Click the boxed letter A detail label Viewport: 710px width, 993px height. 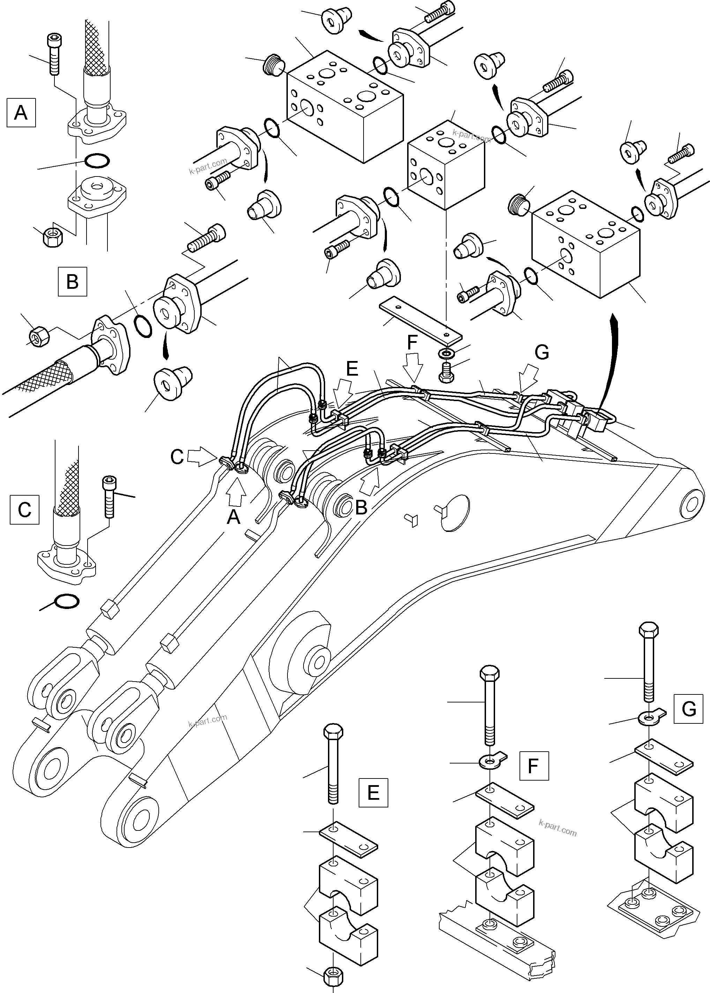click(x=21, y=113)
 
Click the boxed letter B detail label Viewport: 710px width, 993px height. click(x=72, y=281)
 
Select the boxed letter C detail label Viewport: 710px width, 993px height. click(x=24, y=509)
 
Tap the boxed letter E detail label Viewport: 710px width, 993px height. click(x=373, y=792)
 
